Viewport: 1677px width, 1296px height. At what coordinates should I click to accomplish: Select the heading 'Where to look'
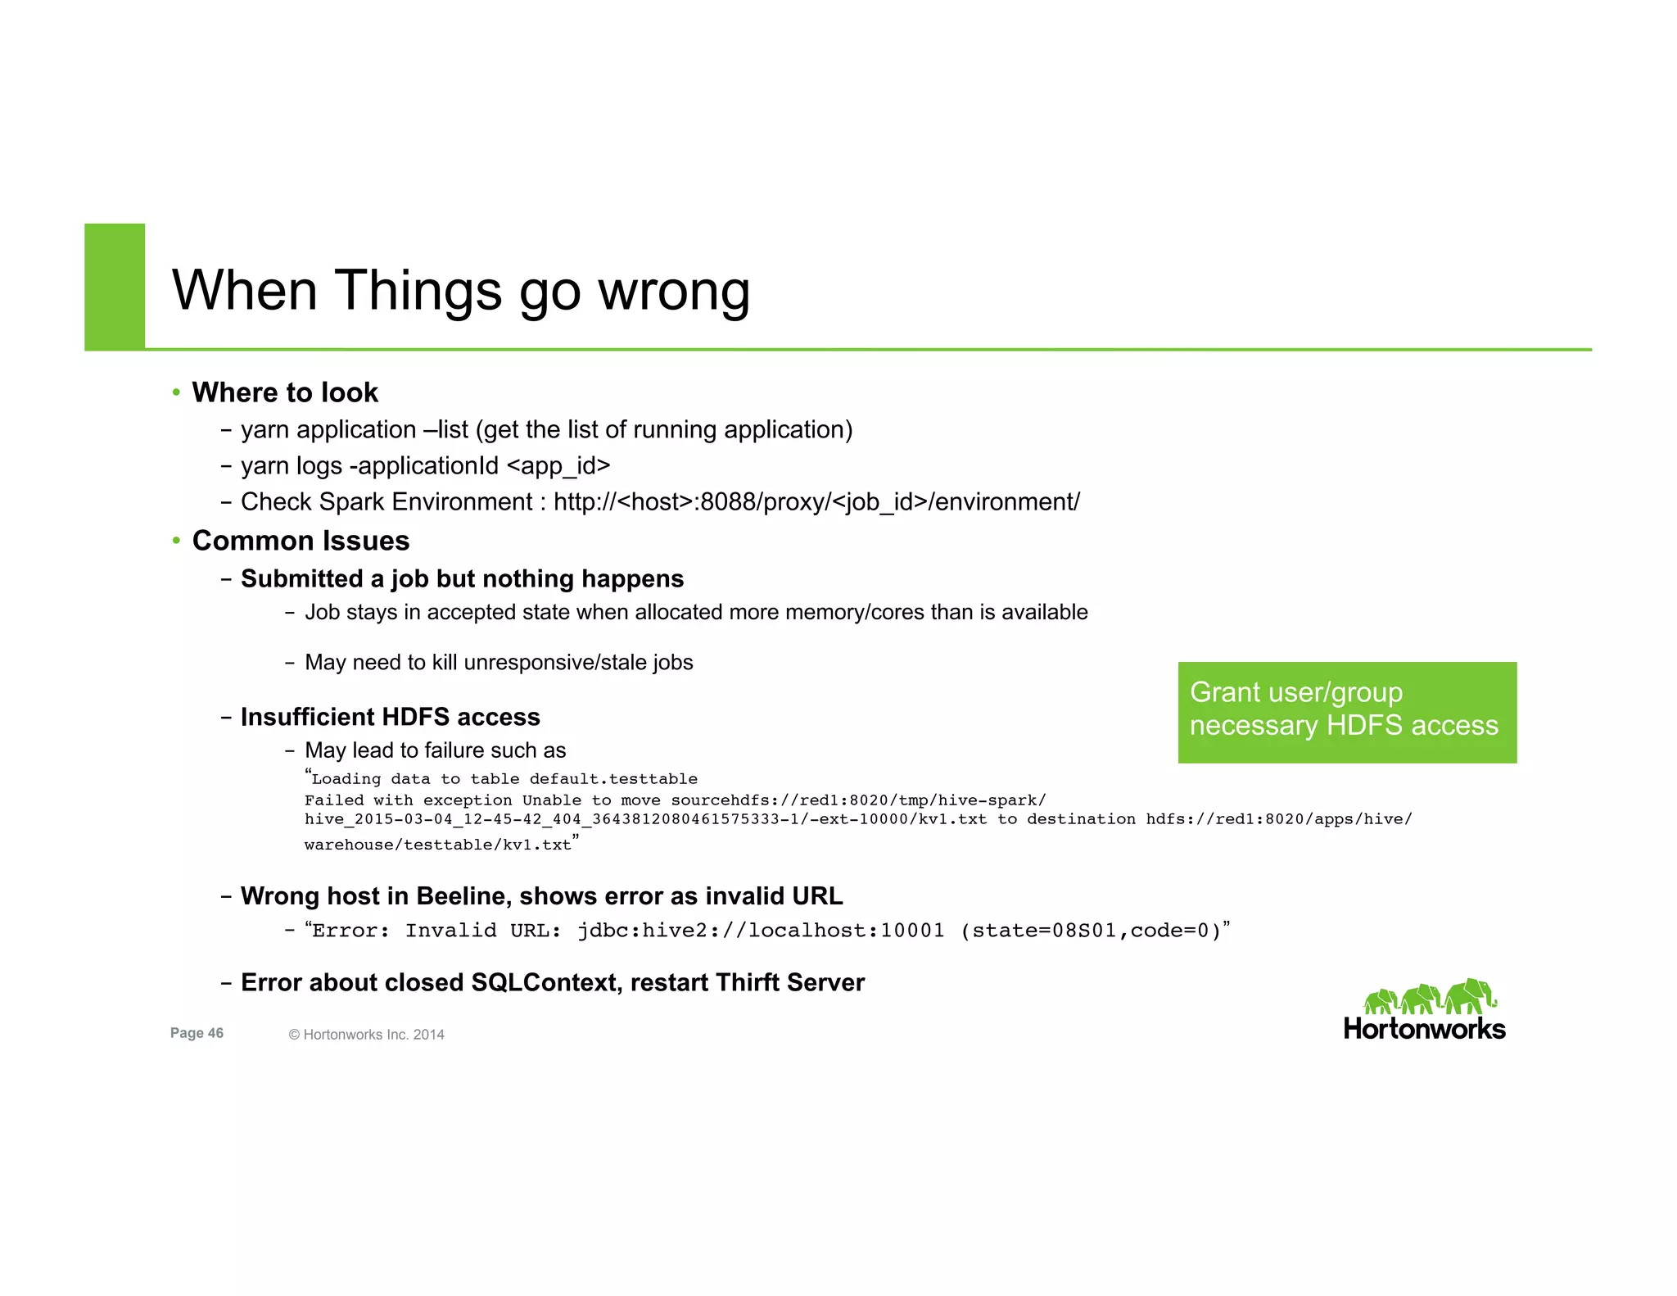(285, 392)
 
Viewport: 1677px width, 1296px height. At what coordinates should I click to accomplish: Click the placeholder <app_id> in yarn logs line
(558, 465)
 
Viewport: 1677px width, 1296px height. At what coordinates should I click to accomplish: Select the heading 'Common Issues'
(301, 541)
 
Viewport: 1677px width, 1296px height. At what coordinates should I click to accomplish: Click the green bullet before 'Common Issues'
(176, 541)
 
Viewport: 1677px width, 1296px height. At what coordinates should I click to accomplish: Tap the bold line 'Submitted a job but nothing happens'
(462, 578)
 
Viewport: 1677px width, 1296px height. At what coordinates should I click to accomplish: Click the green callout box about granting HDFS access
(1346, 711)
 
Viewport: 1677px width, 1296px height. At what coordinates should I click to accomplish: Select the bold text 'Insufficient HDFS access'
(390, 717)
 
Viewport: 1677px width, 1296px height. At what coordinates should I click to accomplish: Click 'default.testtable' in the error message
(613, 779)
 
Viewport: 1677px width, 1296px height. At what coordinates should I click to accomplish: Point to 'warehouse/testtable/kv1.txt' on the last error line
(438, 845)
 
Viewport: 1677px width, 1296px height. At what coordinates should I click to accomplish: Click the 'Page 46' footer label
(197, 1033)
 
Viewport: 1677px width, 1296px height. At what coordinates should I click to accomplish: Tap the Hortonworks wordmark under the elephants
(1424, 1029)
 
